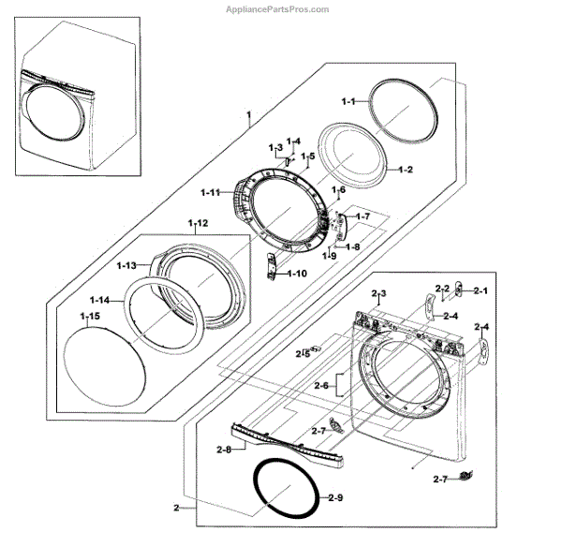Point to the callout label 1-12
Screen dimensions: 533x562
[x=198, y=222]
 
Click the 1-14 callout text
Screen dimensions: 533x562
[x=98, y=299]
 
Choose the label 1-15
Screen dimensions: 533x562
[x=90, y=318]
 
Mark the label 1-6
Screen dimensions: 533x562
[x=338, y=190]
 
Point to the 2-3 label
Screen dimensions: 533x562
[x=378, y=294]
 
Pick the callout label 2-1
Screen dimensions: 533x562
[x=481, y=291]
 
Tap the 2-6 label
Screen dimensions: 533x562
[x=320, y=386]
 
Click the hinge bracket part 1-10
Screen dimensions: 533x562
[x=273, y=266]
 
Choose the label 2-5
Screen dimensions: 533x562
[x=303, y=353]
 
